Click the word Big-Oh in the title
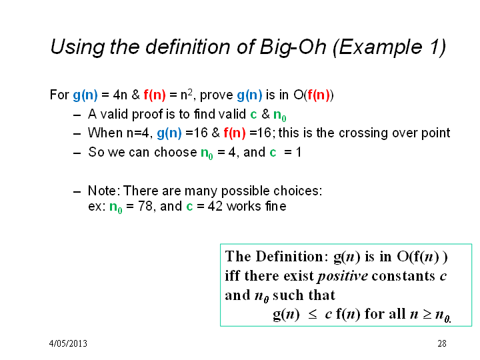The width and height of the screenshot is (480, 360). point(293,47)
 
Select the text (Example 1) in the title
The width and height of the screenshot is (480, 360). point(389,47)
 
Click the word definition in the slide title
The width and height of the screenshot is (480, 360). point(187,47)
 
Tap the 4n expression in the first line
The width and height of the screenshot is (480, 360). point(120,95)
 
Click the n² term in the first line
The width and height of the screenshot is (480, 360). point(187,94)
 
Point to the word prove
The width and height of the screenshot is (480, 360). point(217,95)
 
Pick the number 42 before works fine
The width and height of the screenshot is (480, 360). point(215,206)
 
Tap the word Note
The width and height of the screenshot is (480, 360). point(102,191)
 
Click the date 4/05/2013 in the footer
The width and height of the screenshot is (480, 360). point(68,343)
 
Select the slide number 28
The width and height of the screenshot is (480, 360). point(442,343)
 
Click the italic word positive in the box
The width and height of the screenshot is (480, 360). point(343,276)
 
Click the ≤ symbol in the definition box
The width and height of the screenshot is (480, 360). point(313,315)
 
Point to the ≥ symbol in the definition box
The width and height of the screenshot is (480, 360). point(427,315)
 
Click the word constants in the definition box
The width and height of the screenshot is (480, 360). point(403,276)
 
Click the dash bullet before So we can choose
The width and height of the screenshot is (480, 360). point(77,153)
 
